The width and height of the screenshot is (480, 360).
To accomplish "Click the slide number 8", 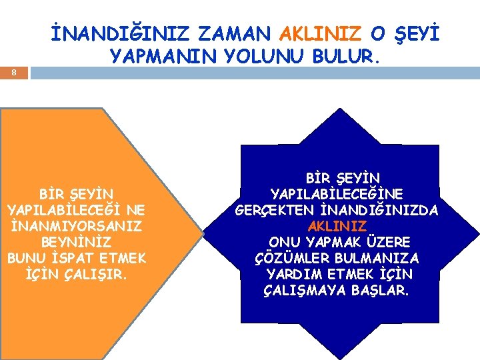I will (15, 74).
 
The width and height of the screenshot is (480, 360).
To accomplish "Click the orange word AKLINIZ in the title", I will (321, 34).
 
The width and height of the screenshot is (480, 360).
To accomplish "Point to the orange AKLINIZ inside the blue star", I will (337, 226).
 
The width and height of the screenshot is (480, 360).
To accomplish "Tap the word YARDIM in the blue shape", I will (293, 274).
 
